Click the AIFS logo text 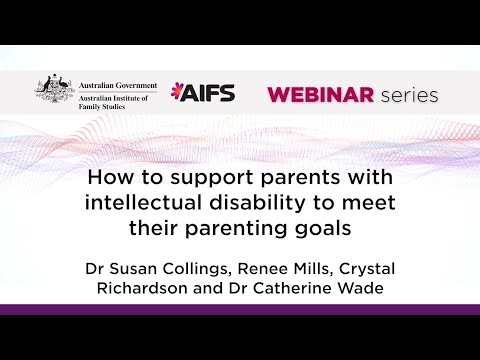click(x=205, y=94)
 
